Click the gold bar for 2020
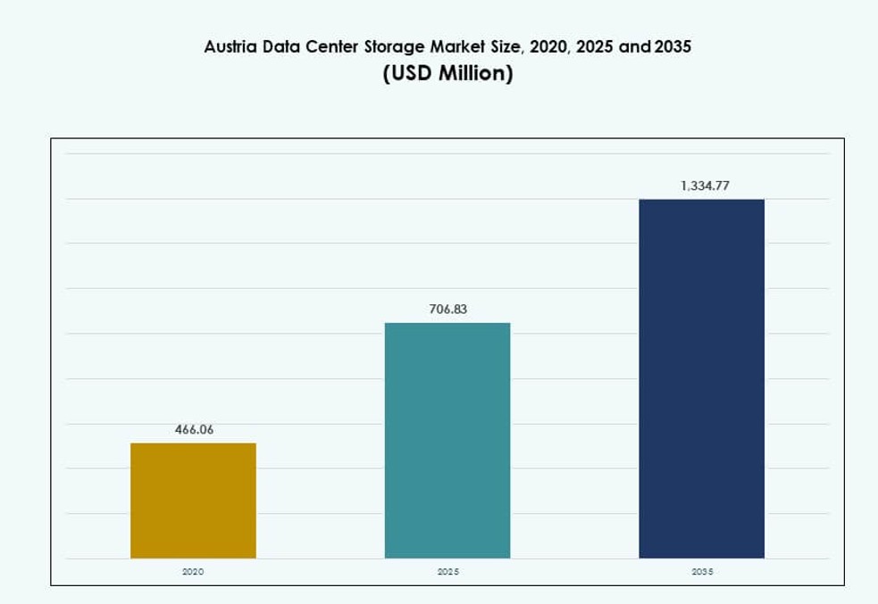193,501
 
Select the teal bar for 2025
447,441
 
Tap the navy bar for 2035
701,378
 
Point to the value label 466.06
194,429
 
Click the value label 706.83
447,310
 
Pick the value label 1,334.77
705,186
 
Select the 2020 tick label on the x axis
193,571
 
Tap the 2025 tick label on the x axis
447,571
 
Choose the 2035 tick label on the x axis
702,571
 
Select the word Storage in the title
394,46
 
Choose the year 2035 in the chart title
673,46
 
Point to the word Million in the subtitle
475,73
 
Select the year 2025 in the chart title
594,46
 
